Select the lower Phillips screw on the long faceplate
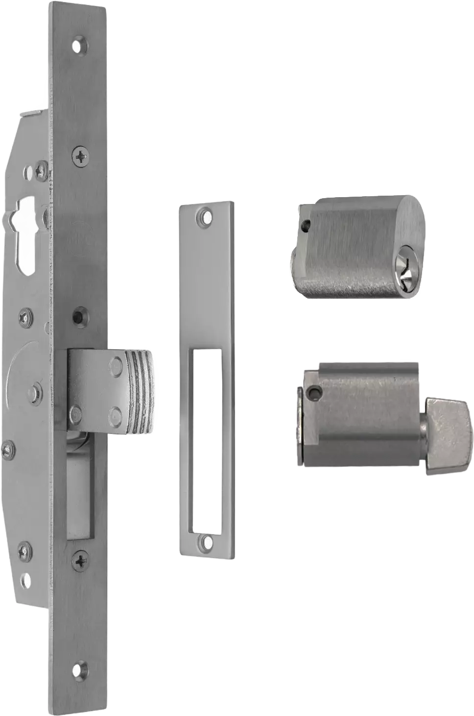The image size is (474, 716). click(x=80, y=559)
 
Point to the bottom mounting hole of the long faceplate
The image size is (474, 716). click(x=78, y=669)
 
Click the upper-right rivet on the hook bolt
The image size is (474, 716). click(x=116, y=363)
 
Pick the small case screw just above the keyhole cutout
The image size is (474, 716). click(x=29, y=171)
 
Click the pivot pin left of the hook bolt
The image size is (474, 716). click(x=33, y=391)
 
